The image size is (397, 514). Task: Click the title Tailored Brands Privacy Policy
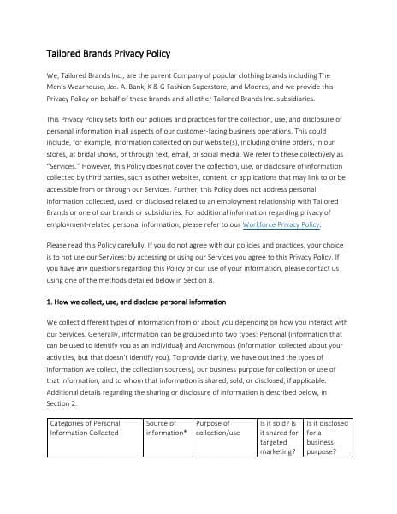pyautogui.click(x=116, y=53)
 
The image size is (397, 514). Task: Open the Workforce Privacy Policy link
pyautogui.click(x=281, y=224)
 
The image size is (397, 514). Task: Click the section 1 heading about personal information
pyautogui.click(x=136, y=302)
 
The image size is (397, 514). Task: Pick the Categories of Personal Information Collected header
pyautogui.click(x=86, y=428)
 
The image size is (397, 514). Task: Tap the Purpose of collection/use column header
pyautogui.click(x=218, y=428)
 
